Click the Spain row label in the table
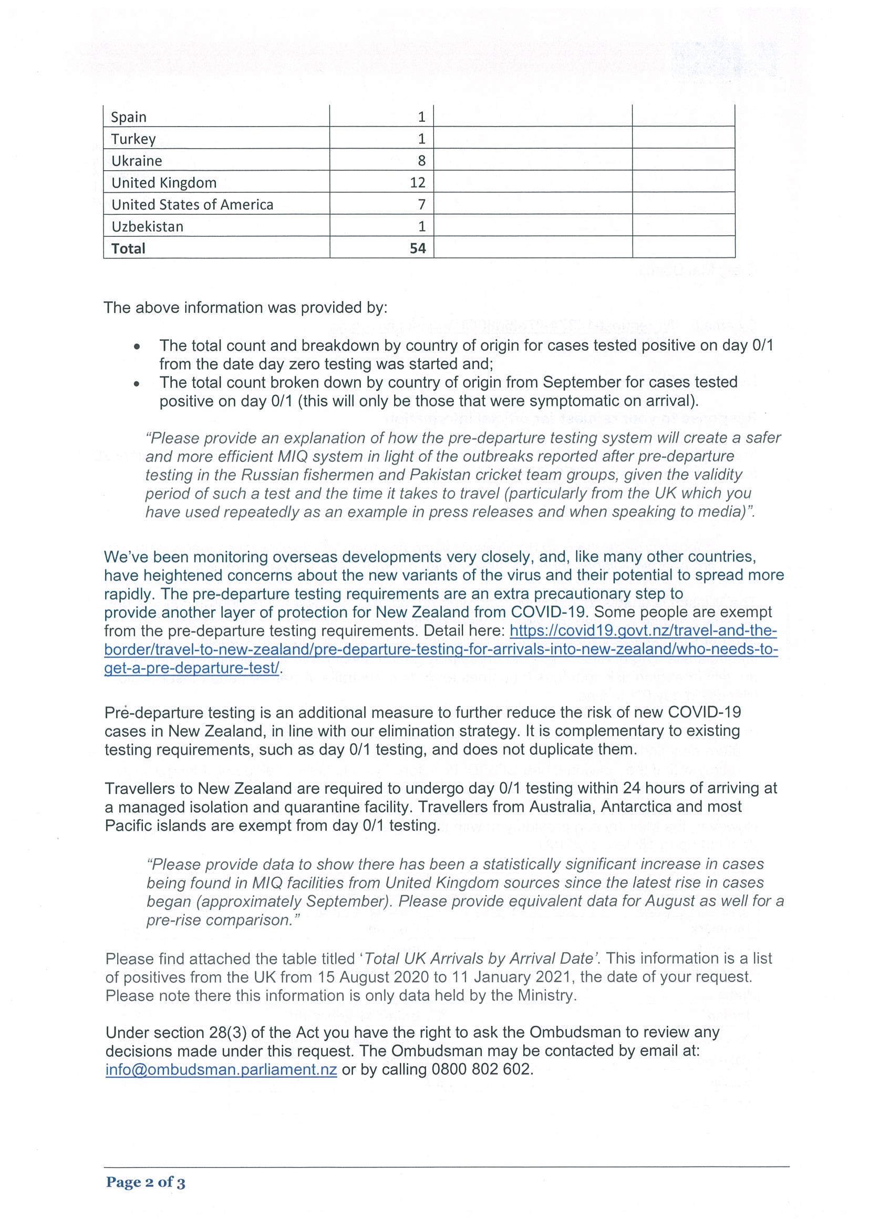point(129,117)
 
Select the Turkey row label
point(133,139)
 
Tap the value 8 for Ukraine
point(421,161)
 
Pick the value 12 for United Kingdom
point(417,183)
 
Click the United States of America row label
point(192,205)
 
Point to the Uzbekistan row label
point(147,227)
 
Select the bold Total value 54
point(418,248)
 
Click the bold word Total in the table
point(129,248)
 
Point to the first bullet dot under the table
point(138,346)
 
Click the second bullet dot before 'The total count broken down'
point(138,383)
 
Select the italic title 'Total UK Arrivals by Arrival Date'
point(479,959)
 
